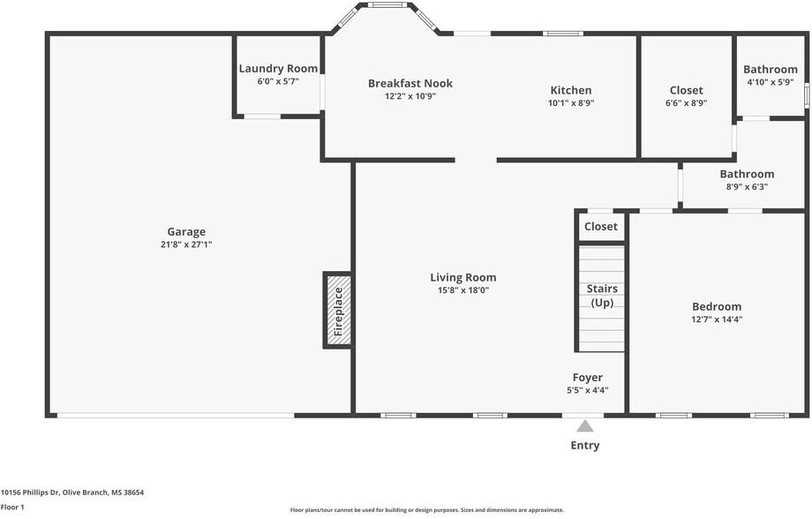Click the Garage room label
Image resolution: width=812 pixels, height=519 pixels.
click(186, 232)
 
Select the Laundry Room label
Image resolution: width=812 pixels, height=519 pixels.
click(278, 69)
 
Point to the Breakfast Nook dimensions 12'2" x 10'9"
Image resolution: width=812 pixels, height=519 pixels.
click(410, 96)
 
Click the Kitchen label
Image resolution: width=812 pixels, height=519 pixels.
click(571, 90)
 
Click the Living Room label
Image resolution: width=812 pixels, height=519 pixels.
click(463, 277)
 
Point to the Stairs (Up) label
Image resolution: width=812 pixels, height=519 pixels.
click(602, 296)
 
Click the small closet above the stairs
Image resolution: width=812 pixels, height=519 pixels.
click(601, 227)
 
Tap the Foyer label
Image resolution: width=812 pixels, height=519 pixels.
click(587, 378)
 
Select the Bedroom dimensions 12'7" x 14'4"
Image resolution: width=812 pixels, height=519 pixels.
click(717, 320)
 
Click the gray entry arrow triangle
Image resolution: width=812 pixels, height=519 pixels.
click(585, 426)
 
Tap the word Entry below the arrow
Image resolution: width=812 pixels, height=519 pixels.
click(585, 446)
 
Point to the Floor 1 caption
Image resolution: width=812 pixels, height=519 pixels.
click(12, 508)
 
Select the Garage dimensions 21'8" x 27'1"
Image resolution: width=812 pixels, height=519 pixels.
click(186, 244)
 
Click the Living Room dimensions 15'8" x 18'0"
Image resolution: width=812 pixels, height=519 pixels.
click(463, 290)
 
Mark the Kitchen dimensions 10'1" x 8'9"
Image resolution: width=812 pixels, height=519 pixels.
click(571, 102)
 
